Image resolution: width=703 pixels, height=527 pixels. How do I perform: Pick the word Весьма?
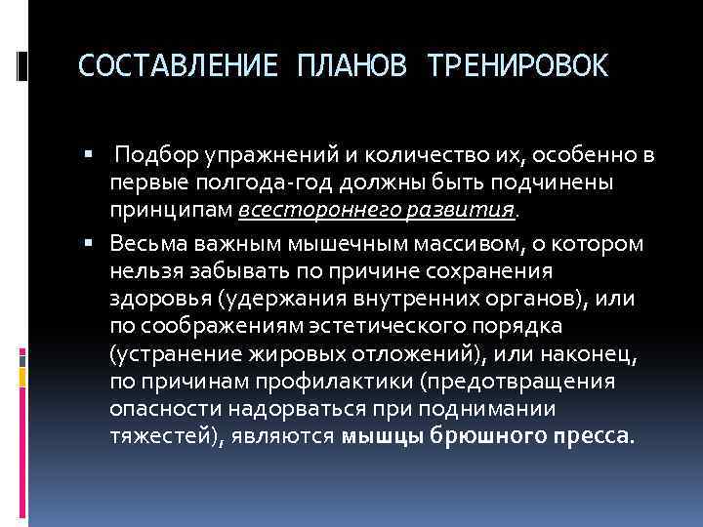click(x=145, y=241)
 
